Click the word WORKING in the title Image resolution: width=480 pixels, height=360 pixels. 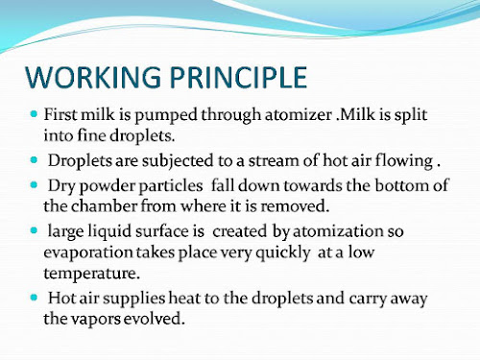93,77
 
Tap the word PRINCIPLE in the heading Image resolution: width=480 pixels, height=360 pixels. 238,77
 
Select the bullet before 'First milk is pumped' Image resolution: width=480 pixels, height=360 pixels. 34,114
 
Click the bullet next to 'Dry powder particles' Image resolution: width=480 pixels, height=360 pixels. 34,184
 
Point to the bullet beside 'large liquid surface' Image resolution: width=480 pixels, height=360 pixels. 34,230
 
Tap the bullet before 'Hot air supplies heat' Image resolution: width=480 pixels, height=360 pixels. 34,298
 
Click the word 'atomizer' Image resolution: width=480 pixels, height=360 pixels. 299,115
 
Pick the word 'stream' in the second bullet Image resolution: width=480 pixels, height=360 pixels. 274,160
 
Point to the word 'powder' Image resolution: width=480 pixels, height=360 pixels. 108,186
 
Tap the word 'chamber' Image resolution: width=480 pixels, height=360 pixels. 104,205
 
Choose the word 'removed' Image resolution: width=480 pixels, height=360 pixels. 295,206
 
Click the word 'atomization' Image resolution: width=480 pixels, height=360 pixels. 338,231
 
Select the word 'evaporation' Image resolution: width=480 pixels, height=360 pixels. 88,253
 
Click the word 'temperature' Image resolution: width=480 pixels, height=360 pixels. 91,274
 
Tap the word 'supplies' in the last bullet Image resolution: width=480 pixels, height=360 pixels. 133,299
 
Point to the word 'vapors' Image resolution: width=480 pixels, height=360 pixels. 96,320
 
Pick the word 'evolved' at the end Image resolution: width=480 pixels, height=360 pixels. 155,319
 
